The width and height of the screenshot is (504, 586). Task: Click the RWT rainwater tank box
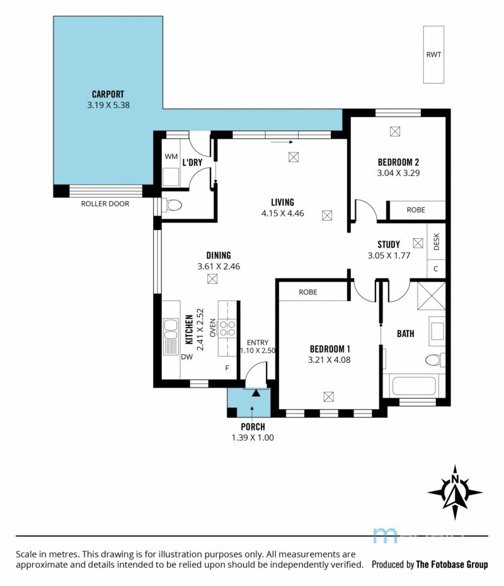pos(433,55)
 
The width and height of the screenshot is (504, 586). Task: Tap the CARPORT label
pos(108,94)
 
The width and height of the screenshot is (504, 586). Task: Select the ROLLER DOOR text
pos(105,204)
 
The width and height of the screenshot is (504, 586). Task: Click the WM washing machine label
pos(171,156)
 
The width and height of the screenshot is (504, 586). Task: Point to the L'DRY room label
pos(192,163)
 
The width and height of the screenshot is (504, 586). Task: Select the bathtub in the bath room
pos(414,386)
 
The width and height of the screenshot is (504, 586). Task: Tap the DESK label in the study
pos(437,241)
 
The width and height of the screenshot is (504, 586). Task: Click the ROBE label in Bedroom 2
pos(416,210)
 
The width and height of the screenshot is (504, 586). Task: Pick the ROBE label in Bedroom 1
pos(308,292)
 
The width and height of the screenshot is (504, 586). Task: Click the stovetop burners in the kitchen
pos(227,328)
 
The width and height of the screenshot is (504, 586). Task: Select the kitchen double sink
pos(171,336)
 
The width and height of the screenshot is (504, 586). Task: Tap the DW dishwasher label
pos(187,357)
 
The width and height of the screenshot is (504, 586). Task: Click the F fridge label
pos(227,368)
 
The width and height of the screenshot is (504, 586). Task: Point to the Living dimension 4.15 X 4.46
pos(282,214)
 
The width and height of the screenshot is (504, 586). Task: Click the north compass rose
pos(455,493)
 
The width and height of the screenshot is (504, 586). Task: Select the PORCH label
pos(253,427)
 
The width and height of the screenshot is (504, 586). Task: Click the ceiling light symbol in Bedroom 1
pos(328,396)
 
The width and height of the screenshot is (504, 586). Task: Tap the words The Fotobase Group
pos(452,565)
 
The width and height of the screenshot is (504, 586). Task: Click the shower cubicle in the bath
pos(432,296)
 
